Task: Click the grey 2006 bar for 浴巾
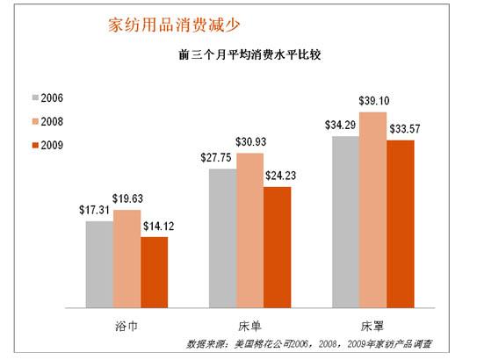pyautogui.click(x=99, y=263)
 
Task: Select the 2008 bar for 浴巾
pyautogui.click(x=126, y=258)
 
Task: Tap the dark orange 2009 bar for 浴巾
pyautogui.click(x=154, y=272)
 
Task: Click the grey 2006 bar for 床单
pyautogui.click(x=222, y=237)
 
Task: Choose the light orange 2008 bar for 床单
pyautogui.click(x=249, y=230)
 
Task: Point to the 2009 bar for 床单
pyautogui.click(x=277, y=247)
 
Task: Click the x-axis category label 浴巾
pyautogui.click(x=126, y=322)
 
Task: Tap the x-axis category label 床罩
pyautogui.click(x=372, y=322)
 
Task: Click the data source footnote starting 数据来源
pyautogui.click(x=311, y=343)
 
